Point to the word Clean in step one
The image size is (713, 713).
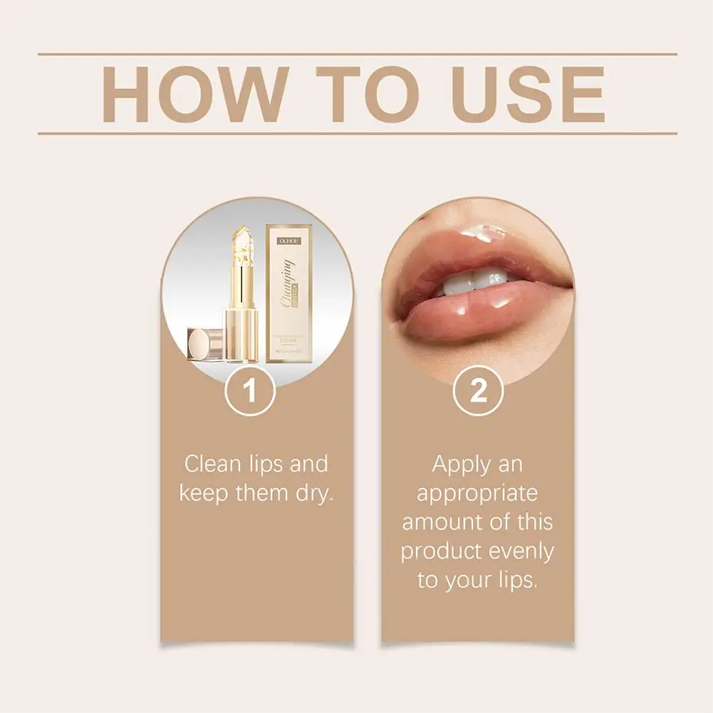click(212, 464)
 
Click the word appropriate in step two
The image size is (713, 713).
click(477, 493)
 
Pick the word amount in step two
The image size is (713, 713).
click(445, 521)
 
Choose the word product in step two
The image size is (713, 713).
click(442, 551)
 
